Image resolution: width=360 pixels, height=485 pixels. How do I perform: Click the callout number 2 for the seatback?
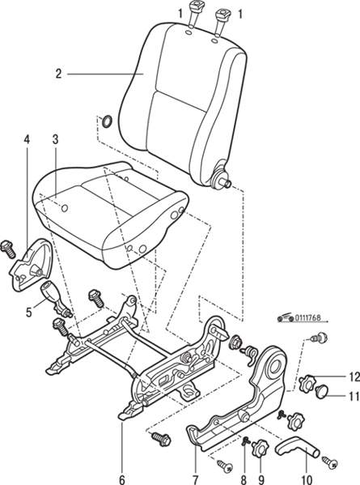click(59, 74)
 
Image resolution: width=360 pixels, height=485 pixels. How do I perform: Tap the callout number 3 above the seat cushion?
click(55, 139)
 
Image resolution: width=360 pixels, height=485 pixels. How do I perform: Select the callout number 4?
click(27, 139)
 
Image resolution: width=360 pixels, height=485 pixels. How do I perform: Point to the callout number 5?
click(29, 313)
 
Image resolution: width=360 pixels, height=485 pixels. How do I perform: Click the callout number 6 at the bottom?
click(122, 480)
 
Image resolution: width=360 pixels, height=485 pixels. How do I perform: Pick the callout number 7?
click(195, 480)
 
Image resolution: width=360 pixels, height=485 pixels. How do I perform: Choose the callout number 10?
click(308, 480)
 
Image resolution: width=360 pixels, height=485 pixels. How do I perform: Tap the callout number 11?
click(354, 396)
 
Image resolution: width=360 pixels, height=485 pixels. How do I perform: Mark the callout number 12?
click(354, 377)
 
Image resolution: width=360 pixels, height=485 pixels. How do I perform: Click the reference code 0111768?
click(307, 317)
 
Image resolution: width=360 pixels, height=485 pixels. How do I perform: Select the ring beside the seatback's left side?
click(107, 121)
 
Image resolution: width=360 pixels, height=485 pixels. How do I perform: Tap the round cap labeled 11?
click(322, 390)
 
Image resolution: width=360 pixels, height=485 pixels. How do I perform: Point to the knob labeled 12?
click(307, 382)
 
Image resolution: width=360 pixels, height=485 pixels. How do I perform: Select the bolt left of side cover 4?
click(8, 249)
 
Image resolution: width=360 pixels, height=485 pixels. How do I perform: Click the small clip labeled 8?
click(246, 441)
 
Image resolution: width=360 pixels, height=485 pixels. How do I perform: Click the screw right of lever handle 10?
click(329, 461)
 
